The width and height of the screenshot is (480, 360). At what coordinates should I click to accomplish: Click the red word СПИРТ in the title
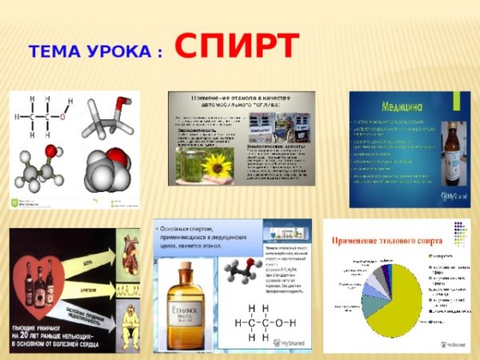pos(237,46)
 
